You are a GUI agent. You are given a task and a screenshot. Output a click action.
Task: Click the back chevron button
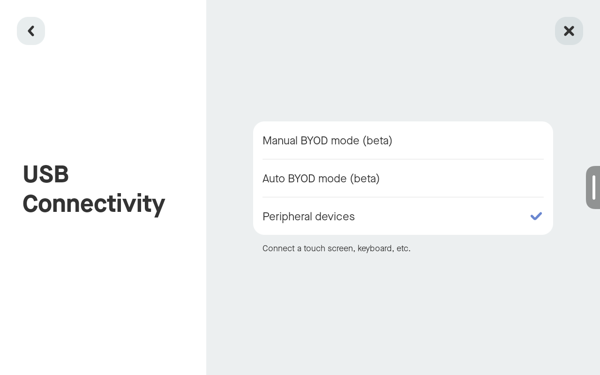pos(31,31)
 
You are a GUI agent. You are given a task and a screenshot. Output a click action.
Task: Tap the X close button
pos(569,31)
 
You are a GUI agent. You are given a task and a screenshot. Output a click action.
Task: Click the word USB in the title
pos(45,174)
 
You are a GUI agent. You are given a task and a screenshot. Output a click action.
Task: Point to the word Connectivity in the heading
pos(94,203)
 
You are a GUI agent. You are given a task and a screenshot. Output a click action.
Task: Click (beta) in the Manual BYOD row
pos(377,141)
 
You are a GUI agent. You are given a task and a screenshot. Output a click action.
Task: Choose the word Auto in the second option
pos(273,179)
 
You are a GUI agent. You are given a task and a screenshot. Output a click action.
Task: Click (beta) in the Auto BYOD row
pos(365,179)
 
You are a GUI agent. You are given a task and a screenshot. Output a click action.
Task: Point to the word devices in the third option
pos(335,217)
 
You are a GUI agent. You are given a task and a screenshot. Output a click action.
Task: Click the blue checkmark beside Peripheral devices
pos(536,216)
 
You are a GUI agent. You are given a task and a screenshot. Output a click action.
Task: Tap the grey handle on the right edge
pos(593,187)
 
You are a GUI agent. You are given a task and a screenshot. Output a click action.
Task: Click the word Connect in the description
pos(278,248)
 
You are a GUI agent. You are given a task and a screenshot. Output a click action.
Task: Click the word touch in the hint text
pos(314,248)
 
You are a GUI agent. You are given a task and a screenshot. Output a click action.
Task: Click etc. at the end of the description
pos(403,248)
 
